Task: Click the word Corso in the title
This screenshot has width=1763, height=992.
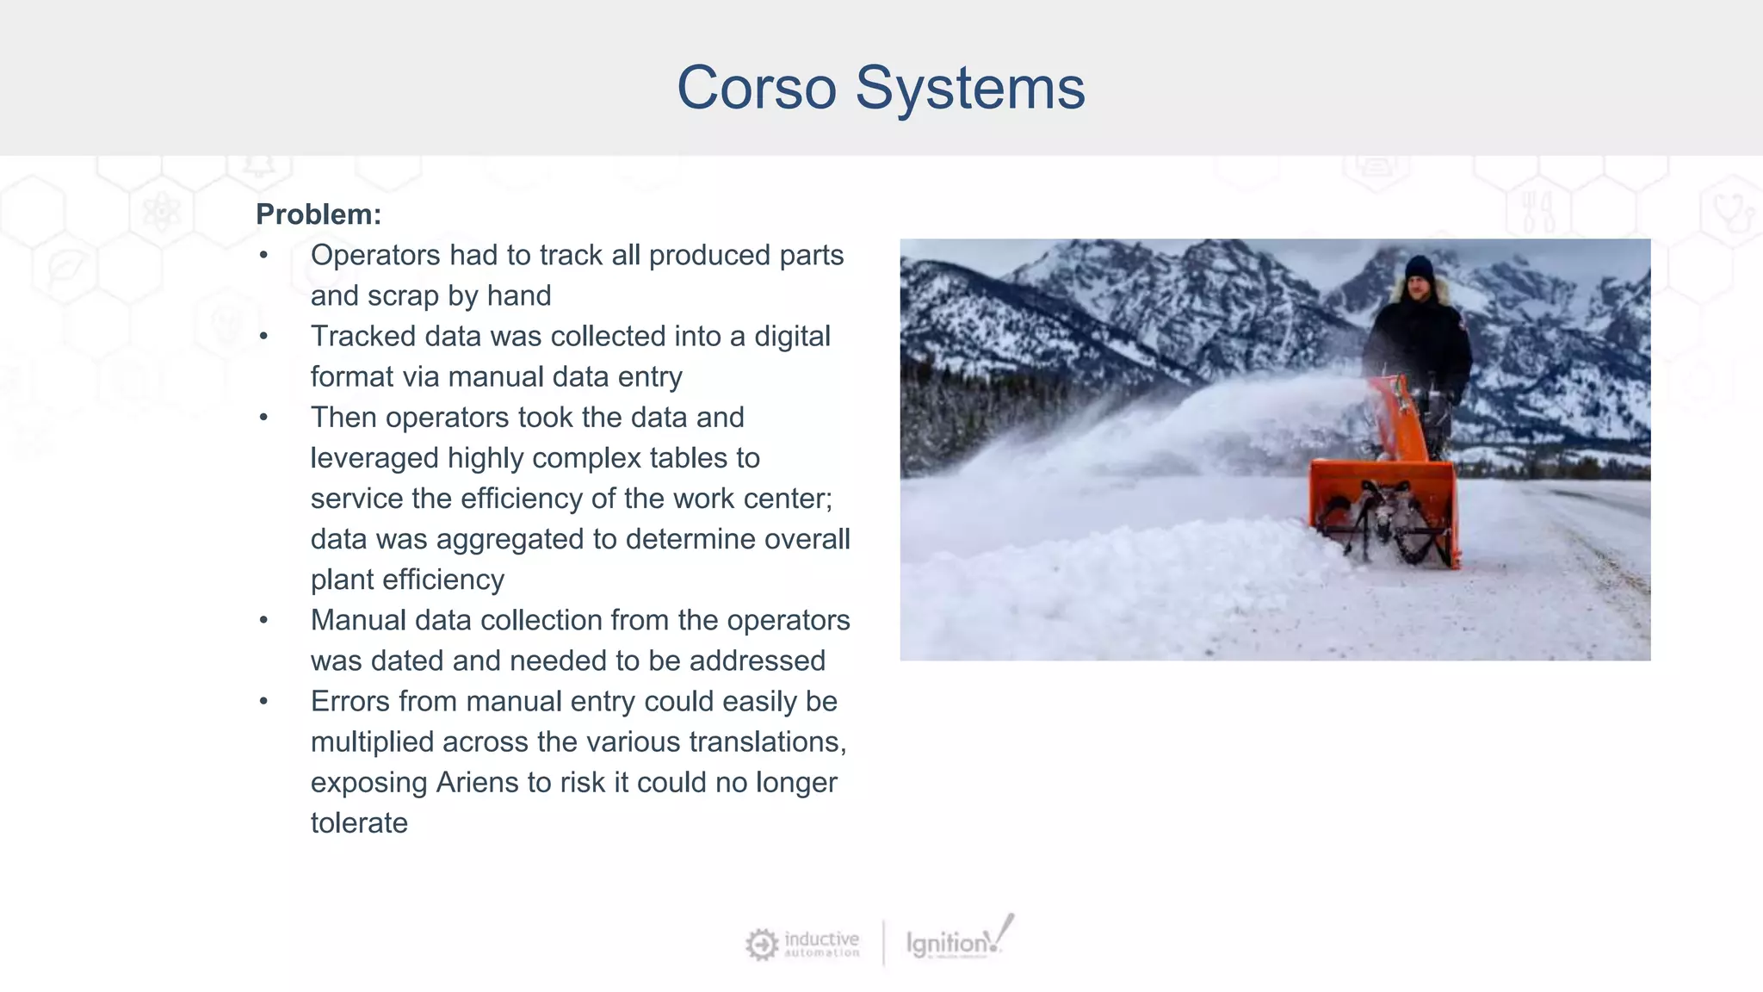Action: pos(756,88)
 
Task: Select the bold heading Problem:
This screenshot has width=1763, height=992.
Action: pos(319,214)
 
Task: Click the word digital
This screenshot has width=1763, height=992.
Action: pos(792,337)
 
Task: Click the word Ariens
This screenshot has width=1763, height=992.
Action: pos(478,783)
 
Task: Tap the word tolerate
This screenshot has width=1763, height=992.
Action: pos(359,823)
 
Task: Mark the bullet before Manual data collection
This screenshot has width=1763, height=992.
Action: pos(264,621)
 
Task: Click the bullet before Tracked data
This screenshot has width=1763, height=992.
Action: pos(264,337)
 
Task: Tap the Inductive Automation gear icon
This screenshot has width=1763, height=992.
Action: pos(761,945)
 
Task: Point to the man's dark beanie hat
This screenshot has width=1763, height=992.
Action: pos(1419,268)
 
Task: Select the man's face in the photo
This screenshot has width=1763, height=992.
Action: pos(1419,288)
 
